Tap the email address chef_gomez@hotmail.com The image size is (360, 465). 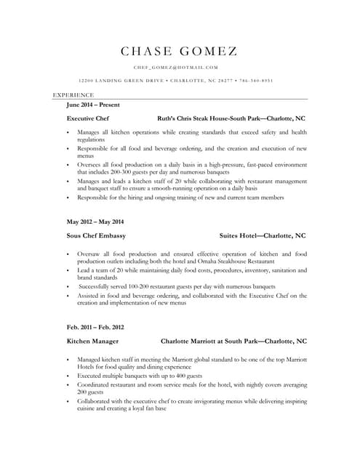point(181,67)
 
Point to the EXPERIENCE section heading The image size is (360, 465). point(73,95)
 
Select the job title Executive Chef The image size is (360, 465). point(87,118)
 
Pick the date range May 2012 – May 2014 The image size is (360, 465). point(95,222)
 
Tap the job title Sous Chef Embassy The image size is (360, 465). point(96,236)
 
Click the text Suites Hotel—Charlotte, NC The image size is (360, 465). point(263,236)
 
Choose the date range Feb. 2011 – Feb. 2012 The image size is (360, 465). point(95,327)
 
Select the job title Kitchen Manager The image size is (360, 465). point(93,341)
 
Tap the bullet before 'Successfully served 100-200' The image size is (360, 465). point(68,288)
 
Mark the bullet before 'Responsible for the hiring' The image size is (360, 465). point(68,198)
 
